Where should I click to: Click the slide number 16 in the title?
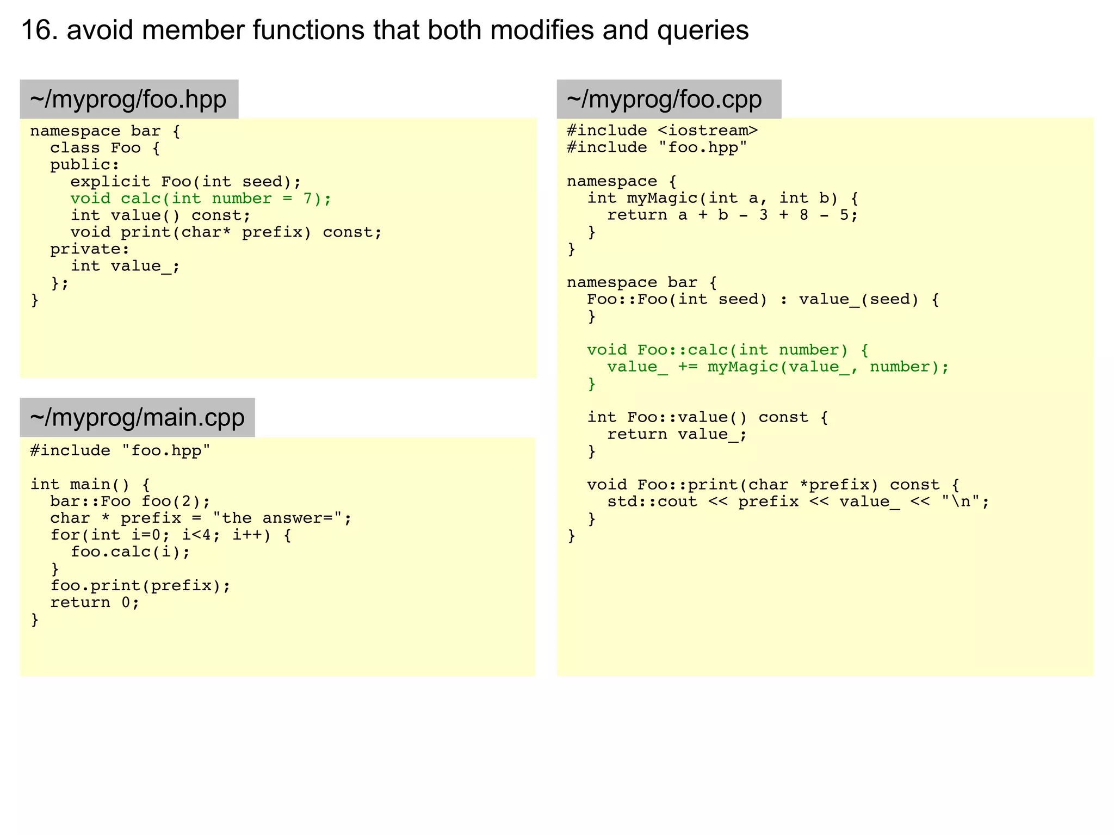[39, 30]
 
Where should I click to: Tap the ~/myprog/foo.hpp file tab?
[129, 100]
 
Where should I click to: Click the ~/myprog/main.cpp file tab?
[137, 418]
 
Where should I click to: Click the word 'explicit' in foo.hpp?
[110, 182]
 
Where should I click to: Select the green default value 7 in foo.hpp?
[308, 199]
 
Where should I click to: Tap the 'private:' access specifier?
[90, 249]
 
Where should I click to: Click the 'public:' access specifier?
[85, 165]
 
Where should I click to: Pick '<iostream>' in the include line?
[708, 131]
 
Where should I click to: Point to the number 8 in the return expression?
[803, 215]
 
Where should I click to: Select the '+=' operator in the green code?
[688, 367]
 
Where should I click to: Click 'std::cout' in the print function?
[652, 502]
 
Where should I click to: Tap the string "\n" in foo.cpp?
[960, 502]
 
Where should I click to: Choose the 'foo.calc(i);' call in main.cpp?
[131, 552]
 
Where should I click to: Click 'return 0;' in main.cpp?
[95, 603]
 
